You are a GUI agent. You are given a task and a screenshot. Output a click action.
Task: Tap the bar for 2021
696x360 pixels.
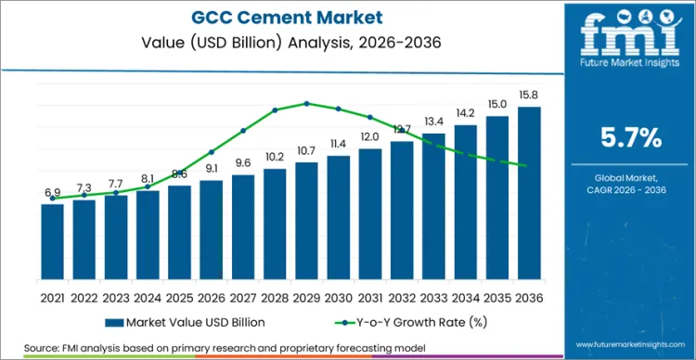[x=53, y=240]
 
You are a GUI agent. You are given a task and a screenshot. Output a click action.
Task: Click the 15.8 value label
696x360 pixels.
[x=529, y=95]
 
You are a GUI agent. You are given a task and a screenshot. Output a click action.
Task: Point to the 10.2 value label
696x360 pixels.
[x=275, y=157]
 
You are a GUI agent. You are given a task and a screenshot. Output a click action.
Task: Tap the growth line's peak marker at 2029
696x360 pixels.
[x=307, y=103]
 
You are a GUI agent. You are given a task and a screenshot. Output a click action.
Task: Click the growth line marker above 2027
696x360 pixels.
[x=243, y=131]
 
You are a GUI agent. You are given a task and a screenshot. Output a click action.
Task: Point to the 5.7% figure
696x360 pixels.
[x=631, y=139]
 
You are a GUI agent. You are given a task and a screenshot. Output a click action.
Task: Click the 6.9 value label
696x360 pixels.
[x=53, y=192]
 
